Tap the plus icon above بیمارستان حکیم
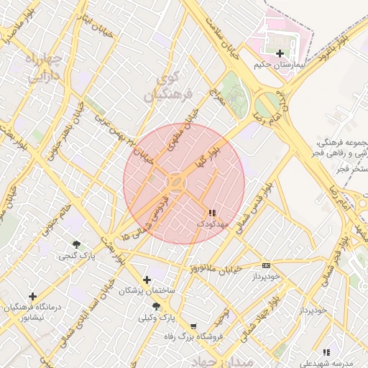click(280, 53)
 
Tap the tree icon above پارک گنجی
click(76, 244)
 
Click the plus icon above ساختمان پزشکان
click(147, 280)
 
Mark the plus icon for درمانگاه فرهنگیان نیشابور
click(32, 295)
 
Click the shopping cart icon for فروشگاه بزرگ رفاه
click(193, 326)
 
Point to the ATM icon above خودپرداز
click(267, 265)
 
